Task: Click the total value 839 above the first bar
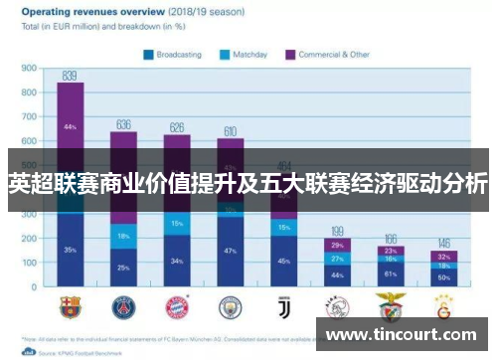[x=70, y=75]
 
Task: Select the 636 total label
[x=123, y=124]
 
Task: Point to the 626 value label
[x=176, y=127]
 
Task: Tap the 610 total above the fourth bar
[x=230, y=131]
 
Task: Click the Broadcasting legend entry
[x=175, y=54]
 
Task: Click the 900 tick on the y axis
[x=29, y=69]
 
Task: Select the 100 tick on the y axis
[x=29, y=264]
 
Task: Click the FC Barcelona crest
[x=70, y=304]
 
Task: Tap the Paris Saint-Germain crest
[x=123, y=304]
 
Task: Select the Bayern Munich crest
[x=176, y=304]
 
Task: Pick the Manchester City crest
[x=230, y=304]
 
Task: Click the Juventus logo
[x=283, y=304]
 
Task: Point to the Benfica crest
[x=390, y=304]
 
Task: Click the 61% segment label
[x=390, y=272]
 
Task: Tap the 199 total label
[x=337, y=230]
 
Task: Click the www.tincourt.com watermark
[x=402, y=334]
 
